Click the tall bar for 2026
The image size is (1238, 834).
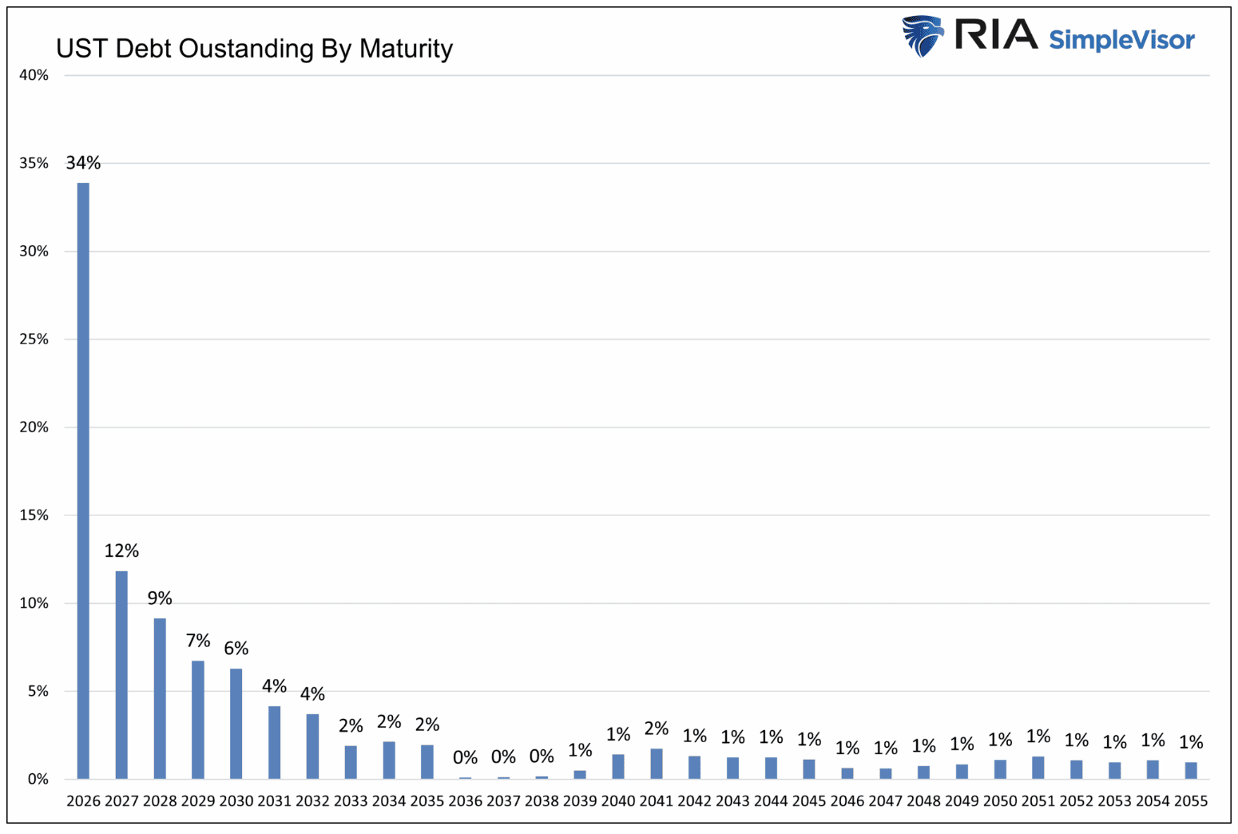pyautogui.click(x=83, y=479)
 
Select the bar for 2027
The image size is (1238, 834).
pyautogui.click(x=121, y=674)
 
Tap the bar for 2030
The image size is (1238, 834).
pyautogui.click(x=236, y=723)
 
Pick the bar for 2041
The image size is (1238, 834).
pyautogui.click(x=656, y=764)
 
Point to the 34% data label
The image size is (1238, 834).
pyautogui.click(x=83, y=163)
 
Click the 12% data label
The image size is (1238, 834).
pyautogui.click(x=121, y=550)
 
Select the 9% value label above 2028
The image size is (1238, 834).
pyautogui.click(x=160, y=598)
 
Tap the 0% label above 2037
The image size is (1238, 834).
pyautogui.click(x=503, y=757)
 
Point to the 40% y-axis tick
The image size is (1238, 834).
pyautogui.click(x=34, y=75)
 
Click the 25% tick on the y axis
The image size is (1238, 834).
pyautogui.click(x=34, y=339)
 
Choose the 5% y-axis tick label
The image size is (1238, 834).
pyautogui.click(x=38, y=691)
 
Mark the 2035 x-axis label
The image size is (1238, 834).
pyautogui.click(x=427, y=801)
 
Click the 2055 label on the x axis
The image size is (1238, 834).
pyautogui.click(x=1190, y=801)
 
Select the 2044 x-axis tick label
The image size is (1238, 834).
pyautogui.click(x=771, y=801)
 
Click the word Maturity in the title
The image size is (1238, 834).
pyautogui.click(x=406, y=49)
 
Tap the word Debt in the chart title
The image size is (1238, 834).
pyautogui.click(x=144, y=49)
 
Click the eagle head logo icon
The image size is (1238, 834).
pyautogui.click(x=923, y=36)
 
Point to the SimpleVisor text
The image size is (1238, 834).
pyautogui.click(x=1121, y=39)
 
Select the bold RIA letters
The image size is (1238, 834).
pyautogui.click(x=996, y=34)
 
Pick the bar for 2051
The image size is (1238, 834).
pyautogui.click(x=1038, y=768)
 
